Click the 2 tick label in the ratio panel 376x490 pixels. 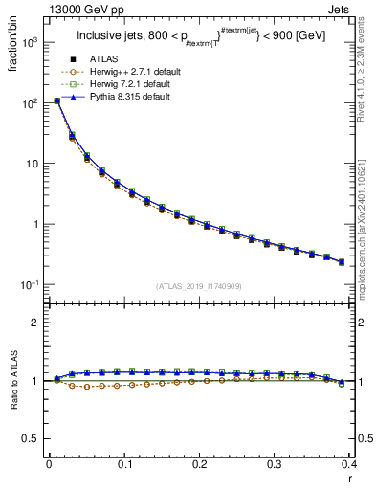coord(35,323)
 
